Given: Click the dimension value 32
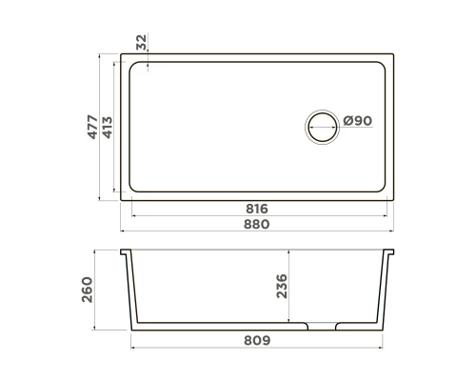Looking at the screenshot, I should coord(142,42).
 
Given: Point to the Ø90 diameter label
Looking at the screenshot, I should coord(357,121).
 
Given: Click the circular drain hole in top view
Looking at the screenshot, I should coord(321,126).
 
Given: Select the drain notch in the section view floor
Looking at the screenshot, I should coord(321,326).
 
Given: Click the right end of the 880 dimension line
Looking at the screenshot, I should coord(396,231).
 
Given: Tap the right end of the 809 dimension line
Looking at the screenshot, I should coord(386,347).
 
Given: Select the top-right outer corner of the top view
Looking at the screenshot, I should coord(396,56).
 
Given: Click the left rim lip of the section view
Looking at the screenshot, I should coord(126,254).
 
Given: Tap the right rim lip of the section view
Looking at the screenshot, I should coord(391,254).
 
